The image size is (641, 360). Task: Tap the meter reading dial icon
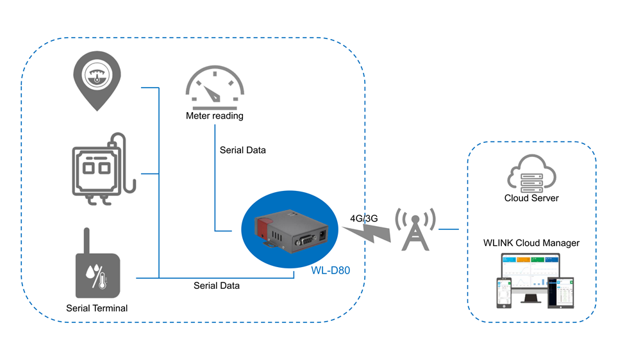(215, 88)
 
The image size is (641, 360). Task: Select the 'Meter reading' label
(215, 116)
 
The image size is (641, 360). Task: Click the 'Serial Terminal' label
(97, 308)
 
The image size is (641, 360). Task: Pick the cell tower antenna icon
(415, 229)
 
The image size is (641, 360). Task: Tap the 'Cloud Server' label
(531, 198)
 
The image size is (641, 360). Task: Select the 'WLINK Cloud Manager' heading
(531, 243)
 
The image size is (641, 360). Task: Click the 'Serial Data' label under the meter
(242, 151)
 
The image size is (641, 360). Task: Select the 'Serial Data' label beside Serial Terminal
(217, 286)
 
